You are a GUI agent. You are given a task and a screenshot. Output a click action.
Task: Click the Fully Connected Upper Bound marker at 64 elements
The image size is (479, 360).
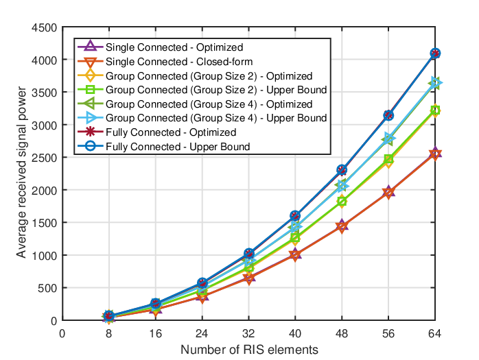435,53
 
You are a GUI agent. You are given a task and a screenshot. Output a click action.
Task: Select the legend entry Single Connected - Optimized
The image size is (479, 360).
174,47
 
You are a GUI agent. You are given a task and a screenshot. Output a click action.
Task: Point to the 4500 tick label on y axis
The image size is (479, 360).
45,28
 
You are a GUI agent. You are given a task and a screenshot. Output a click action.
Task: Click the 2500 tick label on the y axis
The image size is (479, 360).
45,158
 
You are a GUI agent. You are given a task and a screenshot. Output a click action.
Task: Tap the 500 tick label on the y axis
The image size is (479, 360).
47,288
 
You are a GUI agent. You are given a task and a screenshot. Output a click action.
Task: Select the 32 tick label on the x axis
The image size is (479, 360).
248,333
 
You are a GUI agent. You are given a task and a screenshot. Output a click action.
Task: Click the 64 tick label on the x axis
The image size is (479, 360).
434,333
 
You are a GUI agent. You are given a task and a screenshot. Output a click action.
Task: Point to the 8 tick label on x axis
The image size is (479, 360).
108,333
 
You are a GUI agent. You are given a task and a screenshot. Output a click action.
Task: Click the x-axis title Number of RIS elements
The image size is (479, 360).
249,350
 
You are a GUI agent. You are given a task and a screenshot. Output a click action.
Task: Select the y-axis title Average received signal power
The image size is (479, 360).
21,173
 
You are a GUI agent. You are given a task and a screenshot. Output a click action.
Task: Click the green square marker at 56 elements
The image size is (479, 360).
388,159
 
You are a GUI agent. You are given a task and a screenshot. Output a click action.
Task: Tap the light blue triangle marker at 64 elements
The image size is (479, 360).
436,83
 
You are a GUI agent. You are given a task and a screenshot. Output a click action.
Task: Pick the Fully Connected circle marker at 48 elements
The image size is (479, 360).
342,170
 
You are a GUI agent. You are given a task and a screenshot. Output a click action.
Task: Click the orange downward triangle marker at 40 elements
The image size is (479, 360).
295,256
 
